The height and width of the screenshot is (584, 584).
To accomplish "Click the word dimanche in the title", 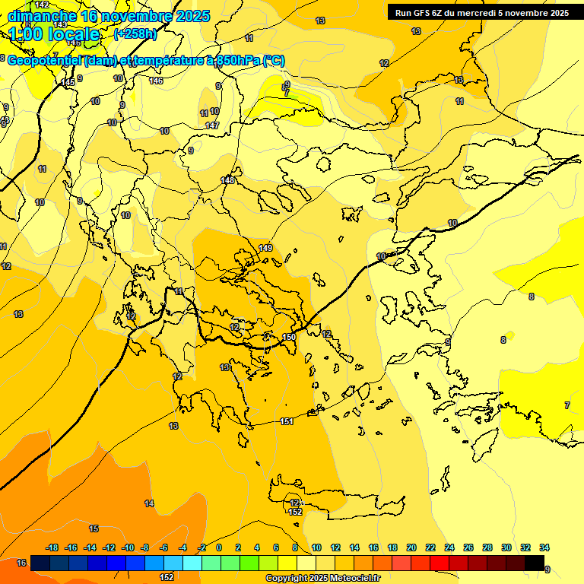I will click(x=43, y=16).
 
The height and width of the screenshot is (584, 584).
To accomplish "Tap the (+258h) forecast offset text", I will click(x=135, y=33).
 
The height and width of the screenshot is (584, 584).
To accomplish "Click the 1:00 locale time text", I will click(x=55, y=34).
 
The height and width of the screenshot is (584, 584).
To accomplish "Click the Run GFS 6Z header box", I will click(x=481, y=12).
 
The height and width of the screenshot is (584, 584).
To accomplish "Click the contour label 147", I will click(x=212, y=125).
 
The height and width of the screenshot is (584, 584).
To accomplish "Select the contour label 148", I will click(x=228, y=180).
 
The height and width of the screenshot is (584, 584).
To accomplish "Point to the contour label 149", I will click(x=265, y=248).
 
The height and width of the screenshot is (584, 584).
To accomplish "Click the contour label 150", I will click(x=289, y=337).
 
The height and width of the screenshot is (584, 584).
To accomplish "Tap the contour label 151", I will click(x=287, y=421).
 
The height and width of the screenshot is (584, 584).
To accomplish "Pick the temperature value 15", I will click(x=94, y=528).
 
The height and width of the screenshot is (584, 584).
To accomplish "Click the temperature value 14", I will click(x=149, y=503).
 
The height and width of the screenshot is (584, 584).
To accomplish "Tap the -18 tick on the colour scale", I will click(x=52, y=547).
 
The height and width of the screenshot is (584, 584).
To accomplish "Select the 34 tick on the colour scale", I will click(x=544, y=547).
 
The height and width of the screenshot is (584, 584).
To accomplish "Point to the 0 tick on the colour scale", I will click(x=219, y=547).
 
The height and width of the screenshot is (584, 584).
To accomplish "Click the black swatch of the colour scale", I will click(x=535, y=563).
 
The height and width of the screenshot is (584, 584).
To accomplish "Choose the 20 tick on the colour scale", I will click(x=411, y=547).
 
